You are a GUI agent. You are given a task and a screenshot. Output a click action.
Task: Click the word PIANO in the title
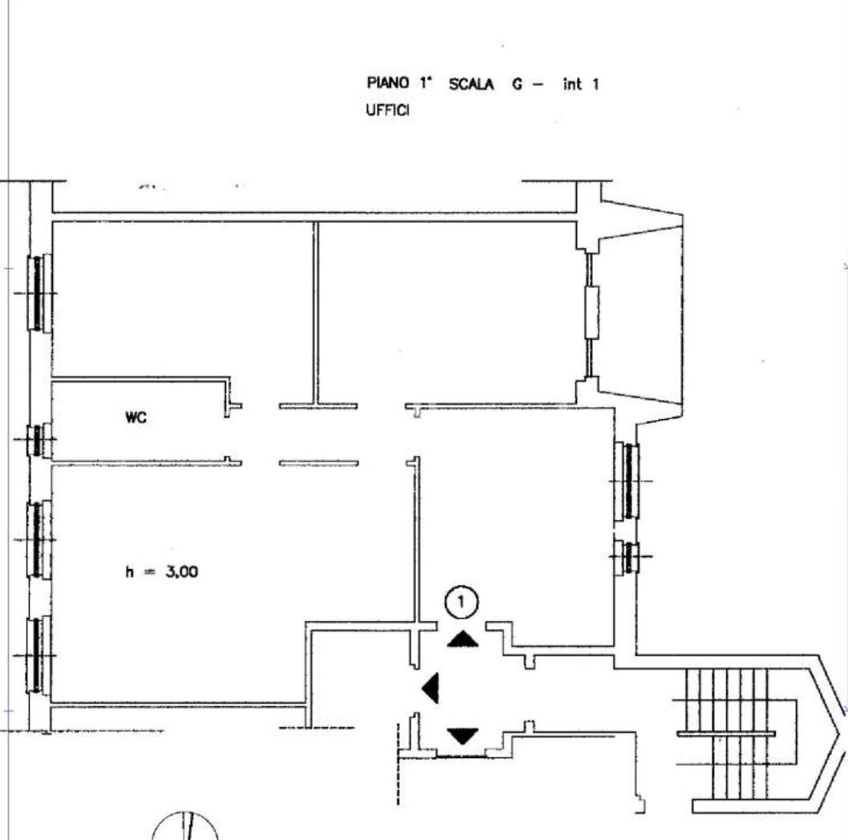[x=388, y=83]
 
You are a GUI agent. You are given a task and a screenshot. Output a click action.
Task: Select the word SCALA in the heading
[x=471, y=84]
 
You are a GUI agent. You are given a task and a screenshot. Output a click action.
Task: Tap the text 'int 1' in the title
[x=581, y=84]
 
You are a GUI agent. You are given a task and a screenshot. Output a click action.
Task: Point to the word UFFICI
[x=387, y=110]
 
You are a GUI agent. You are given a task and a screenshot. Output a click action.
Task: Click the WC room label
[x=135, y=418]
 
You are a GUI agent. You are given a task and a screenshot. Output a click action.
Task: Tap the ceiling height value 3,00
[x=182, y=571]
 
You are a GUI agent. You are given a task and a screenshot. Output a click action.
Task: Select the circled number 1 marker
[x=462, y=601]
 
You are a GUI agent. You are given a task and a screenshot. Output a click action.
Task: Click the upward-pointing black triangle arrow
[x=463, y=639]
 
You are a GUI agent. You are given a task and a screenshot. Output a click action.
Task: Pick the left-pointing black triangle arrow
[x=430, y=689]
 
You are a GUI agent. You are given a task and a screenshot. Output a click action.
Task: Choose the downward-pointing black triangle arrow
[x=463, y=736]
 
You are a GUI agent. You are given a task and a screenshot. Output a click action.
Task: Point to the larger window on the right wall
[x=627, y=481]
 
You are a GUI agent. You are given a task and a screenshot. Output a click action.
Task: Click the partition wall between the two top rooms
[x=316, y=313]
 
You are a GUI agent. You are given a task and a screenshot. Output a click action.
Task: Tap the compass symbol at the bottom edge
[x=185, y=826]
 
